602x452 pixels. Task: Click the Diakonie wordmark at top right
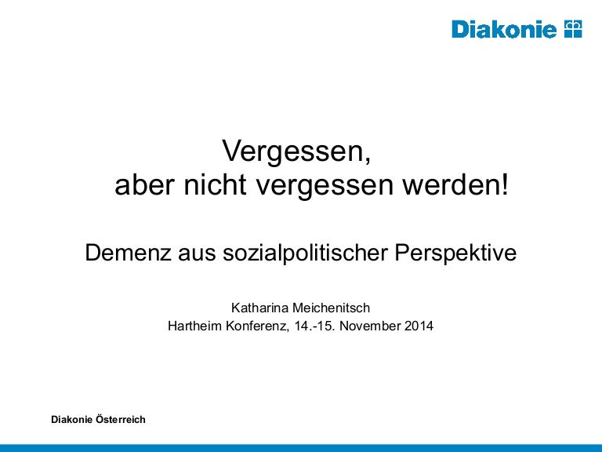tap(504, 29)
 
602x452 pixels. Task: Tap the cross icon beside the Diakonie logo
tap(573, 29)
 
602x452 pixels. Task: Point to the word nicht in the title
tap(214, 185)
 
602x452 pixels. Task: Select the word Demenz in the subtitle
tap(128, 253)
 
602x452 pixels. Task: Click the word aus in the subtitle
tap(197, 255)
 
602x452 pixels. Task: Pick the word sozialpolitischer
tap(305, 253)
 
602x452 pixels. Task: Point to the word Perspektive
tap(455, 253)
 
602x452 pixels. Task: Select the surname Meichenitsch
tap(331, 308)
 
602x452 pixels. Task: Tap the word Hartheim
tap(195, 326)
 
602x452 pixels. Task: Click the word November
tap(370, 326)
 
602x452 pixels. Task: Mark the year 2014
tap(419, 326)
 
